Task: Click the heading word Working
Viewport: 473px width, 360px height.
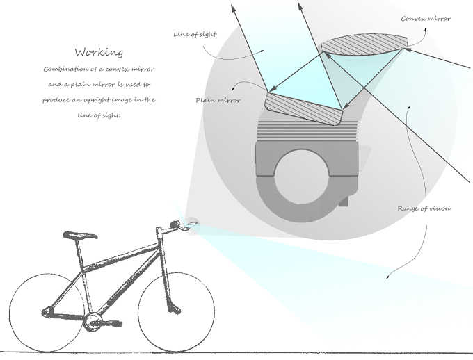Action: pos(99,52)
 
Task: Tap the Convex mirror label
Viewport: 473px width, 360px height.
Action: pos(426,19)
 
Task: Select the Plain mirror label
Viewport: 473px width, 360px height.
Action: pos(218,100)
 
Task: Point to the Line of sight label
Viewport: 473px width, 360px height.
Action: pos(195,34)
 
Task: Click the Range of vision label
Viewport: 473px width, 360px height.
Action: pos(424,208)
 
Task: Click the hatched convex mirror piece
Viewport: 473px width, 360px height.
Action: pos(364,44)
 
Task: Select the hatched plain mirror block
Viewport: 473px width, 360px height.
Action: pos(304,108)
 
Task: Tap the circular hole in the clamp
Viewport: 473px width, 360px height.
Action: pos(302,177)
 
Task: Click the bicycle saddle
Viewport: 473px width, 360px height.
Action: pos(80,235)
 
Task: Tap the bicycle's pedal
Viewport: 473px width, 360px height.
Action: pos(112,324)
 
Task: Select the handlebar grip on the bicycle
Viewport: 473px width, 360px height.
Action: pos(175,224)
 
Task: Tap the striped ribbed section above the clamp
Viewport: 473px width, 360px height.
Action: pos(307,130)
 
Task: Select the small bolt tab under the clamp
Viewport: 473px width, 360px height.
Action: pos(344,201)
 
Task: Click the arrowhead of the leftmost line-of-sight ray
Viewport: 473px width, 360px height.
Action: pos(234,8)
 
